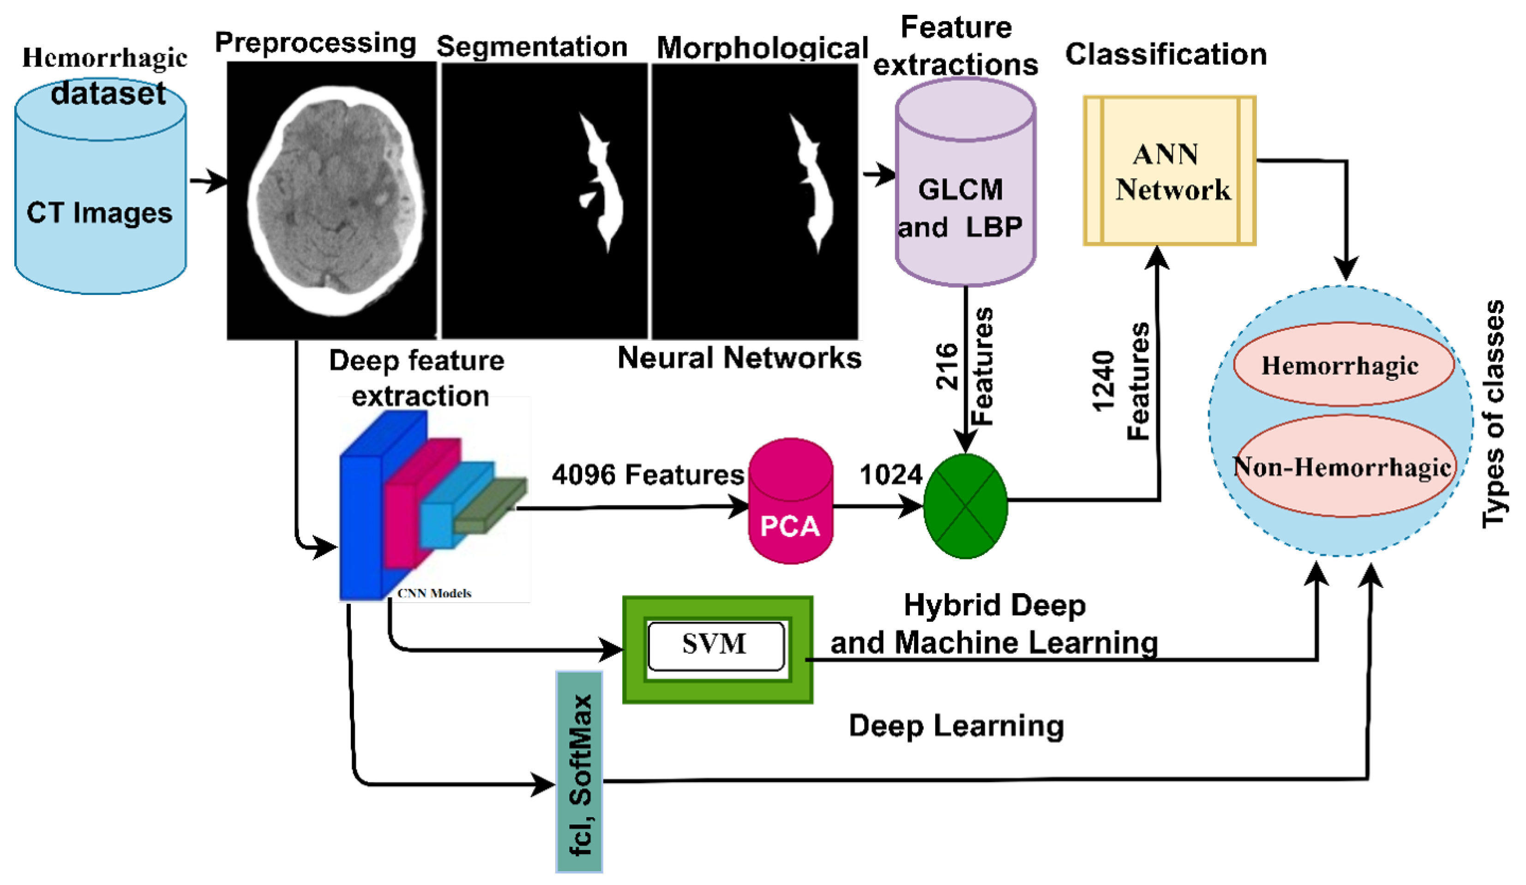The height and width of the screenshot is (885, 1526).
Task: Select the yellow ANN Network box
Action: pyautogui.click(x=1169, y=171)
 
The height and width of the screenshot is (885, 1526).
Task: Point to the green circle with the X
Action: pyautogui.click(x=965, y=506)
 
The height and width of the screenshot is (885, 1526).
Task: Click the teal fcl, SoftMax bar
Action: pyautogui.click(x=579, y=772)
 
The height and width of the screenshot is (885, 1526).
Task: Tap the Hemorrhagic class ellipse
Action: pyautogui.click(x=1343, y=365)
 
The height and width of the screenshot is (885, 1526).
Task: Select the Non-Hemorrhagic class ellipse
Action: pyautogui.click(x=1343, y=466)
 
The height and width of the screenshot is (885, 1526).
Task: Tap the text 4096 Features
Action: pyautogui.click(x=647, y=474)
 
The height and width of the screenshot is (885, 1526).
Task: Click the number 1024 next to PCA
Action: pyautogui.click(x=890, y=474)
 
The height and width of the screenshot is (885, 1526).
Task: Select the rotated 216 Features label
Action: pyautogui.click(x=964, y=367)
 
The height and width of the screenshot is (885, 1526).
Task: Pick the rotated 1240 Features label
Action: pyautogui.click(x=1120, y=382)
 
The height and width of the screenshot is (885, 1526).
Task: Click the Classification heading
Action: pyautogui.click(x=1166, y=54)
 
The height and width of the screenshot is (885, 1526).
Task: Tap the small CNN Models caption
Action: pyautogui.click(x=434, y=593)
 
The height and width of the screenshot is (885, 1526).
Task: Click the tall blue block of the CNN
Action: pyautogui.click(x=360, y=527)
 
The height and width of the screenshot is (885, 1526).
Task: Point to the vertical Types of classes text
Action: pyautogui.click(x=1493, y=415)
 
